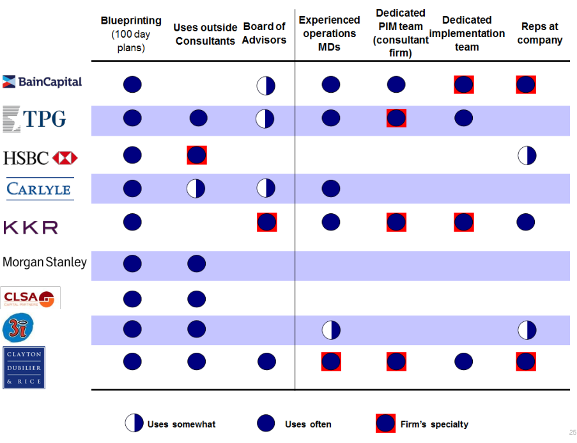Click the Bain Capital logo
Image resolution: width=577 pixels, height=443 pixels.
pos(42,82)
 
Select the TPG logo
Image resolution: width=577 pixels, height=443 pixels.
pos(35,118)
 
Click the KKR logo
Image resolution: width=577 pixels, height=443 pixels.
pos(31,227)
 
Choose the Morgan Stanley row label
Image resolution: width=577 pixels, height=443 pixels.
pos(45,262)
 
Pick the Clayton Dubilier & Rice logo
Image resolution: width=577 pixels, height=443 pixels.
pos(24,368)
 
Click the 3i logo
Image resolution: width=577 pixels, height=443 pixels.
pos(14,329)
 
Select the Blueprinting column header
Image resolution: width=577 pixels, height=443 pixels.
pos(131,34)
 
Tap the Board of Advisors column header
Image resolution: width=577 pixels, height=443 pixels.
pos(264,33)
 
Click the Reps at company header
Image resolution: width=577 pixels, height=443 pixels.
pos(540,33)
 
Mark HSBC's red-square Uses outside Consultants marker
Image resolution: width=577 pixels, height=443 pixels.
pos(197,155)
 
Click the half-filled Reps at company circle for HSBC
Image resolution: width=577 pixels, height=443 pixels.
pos(527,155)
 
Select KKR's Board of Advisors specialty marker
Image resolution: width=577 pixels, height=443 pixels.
pos(266,222)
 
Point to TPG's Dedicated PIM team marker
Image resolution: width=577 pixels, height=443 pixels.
pos(396,118)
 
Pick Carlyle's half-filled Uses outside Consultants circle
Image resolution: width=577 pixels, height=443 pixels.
pos(196,188)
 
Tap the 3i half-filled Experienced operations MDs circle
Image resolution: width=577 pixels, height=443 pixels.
pos(330,330)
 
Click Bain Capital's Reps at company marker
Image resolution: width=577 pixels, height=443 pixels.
pos(526,85)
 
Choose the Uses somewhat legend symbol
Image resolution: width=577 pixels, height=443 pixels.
pos(134,423)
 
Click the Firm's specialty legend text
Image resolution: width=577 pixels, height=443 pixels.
pos(434,424)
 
